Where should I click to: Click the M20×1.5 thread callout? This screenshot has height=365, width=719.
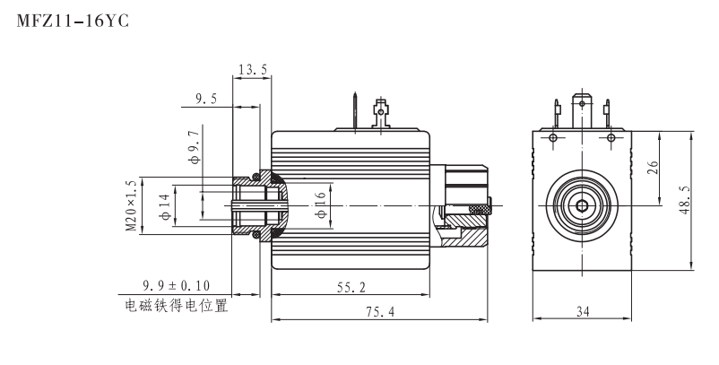click(132, 207)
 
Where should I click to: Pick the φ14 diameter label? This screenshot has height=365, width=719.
click(164, 206)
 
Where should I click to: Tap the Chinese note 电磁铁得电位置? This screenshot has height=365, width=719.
click(176, 306)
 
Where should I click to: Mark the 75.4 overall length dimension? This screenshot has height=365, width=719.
click(379, 311)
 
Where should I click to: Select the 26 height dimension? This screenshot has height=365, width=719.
click(654, 169)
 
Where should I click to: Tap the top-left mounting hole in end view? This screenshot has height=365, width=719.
click(553, 137)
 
